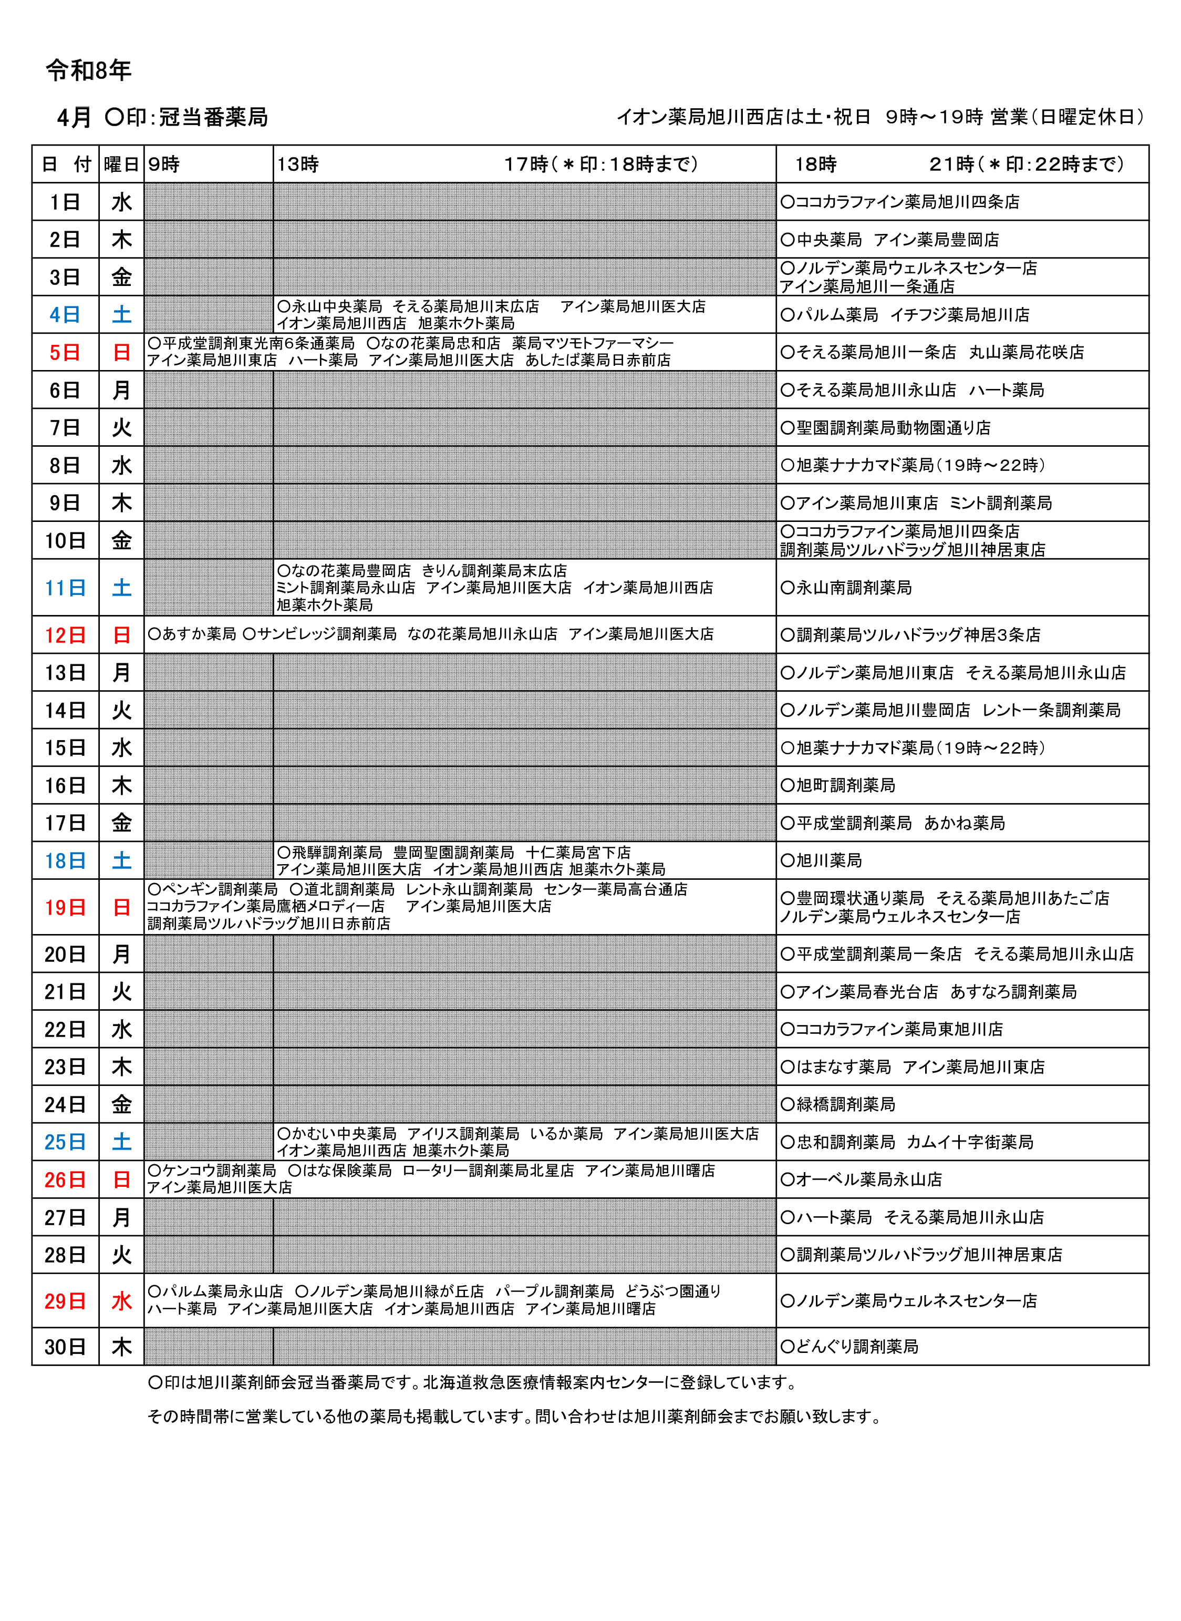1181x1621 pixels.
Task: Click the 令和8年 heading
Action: tap(89, 70)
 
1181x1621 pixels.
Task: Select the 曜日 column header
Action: tap(121, 165)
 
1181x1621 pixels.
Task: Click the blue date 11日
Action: tap(65, 588)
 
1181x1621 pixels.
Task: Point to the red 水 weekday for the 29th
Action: tap(121, 1301)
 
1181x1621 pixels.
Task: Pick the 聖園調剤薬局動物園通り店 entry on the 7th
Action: tap(893, 428)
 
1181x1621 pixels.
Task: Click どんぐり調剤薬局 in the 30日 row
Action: tap(856, 1347)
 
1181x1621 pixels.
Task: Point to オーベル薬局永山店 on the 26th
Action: tap(868, 1179)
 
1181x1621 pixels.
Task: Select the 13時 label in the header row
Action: tap(297, 165)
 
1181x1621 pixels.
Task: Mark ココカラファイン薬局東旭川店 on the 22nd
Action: tap(898, 1029)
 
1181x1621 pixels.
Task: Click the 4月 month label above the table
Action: tap(75, 117)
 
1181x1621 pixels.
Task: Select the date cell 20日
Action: tap(65, 954)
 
